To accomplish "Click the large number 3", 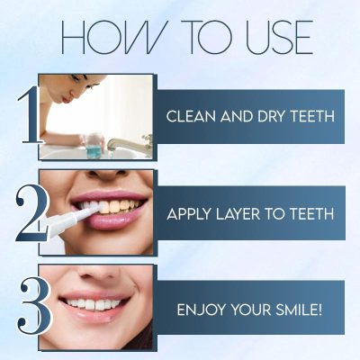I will point(32,309).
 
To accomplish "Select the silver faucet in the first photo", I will point(121,143).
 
